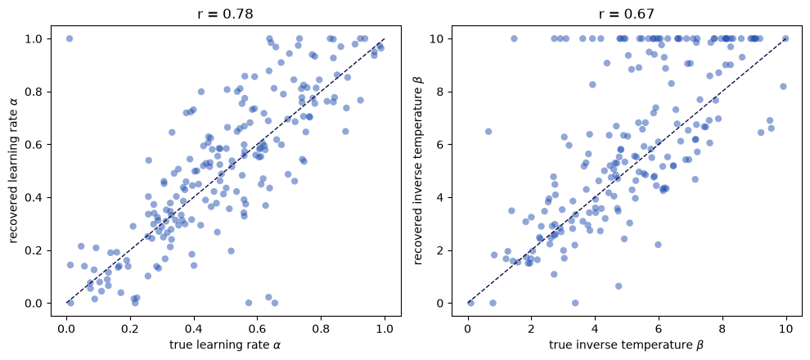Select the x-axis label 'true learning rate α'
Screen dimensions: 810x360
point(226,344)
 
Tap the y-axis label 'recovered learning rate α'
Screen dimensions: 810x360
point(15,170)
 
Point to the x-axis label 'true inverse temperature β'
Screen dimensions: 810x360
point(627,344)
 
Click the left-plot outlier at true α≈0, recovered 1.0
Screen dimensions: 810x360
point(70,38)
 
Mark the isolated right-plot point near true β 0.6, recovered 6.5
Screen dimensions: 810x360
point(488,132)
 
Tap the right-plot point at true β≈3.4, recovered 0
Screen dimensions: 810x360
point(575,303)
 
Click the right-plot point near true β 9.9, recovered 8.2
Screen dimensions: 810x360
point(783,86)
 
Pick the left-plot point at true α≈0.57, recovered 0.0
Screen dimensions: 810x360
point(249,303)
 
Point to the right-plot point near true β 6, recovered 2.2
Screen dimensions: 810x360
point(658,245)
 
